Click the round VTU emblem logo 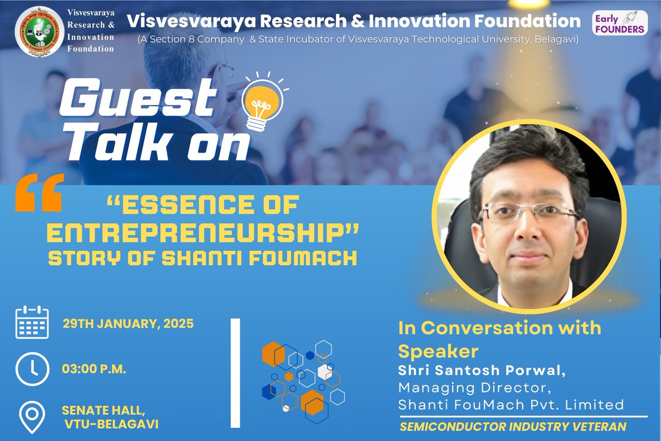[38, 32]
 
